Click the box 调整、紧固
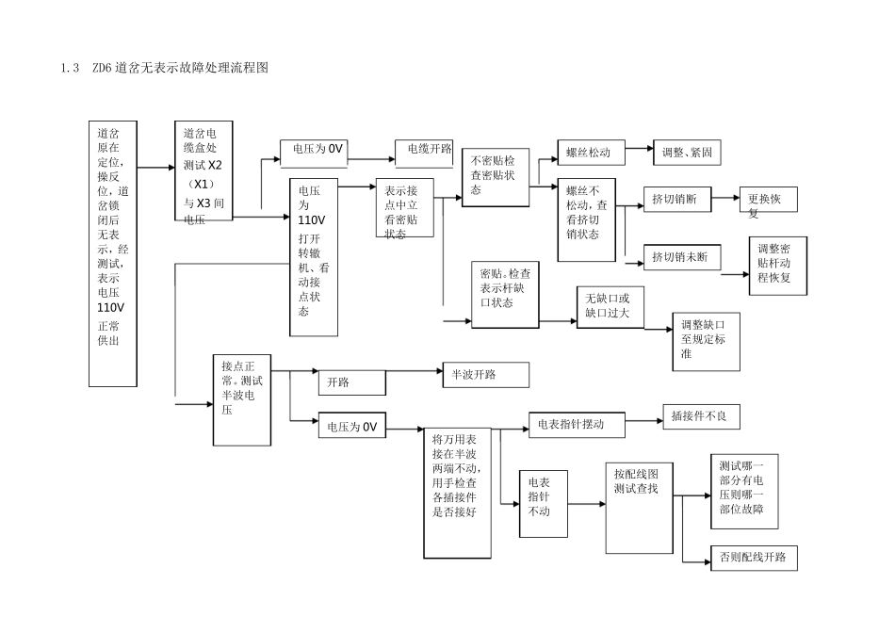[687, 151]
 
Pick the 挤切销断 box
[675, 200]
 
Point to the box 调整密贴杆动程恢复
[779, 265]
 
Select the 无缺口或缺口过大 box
[609, 305]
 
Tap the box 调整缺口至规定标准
[706, 339]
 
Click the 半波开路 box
[485, 375]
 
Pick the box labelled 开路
[350, 382]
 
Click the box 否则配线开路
[754, 556]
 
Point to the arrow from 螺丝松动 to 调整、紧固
[638, 148]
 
